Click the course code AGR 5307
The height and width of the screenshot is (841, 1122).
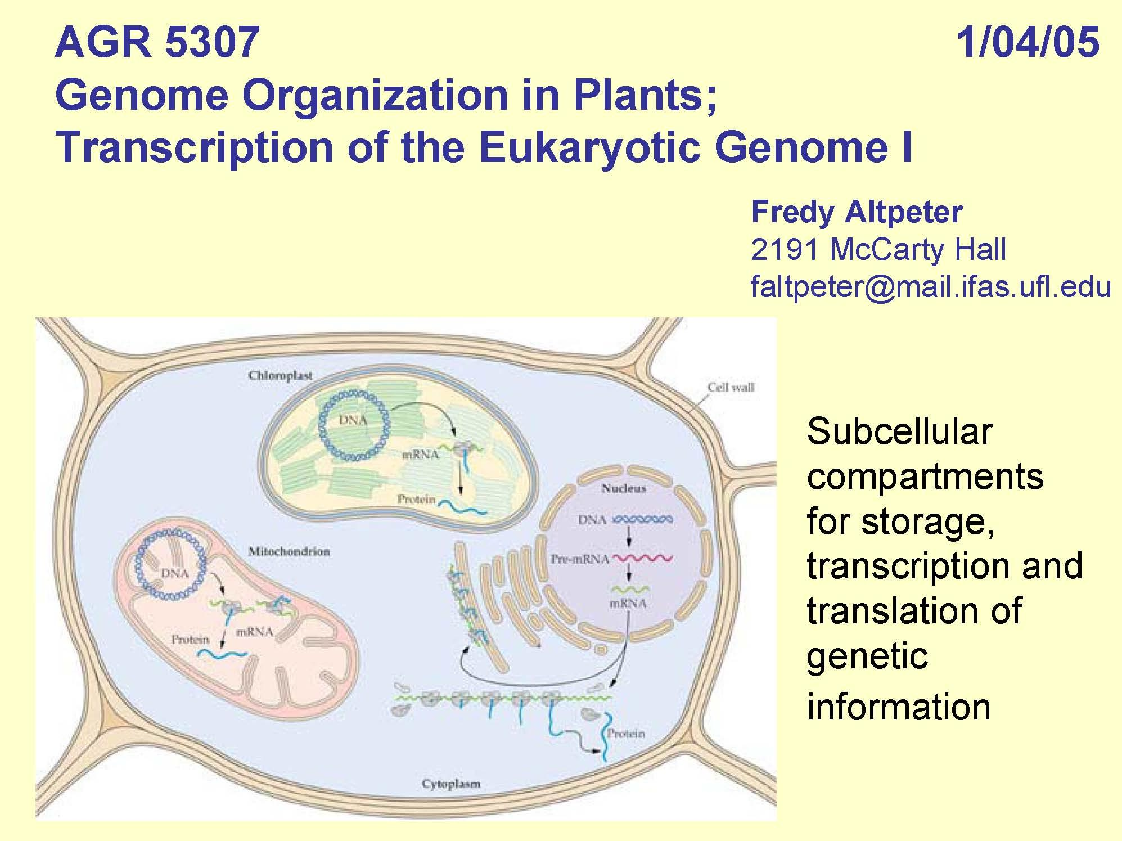157,42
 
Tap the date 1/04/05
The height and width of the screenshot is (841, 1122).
1028,42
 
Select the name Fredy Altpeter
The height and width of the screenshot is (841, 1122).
857,212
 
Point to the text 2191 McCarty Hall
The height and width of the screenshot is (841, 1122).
878,249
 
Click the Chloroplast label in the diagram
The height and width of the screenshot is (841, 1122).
280,375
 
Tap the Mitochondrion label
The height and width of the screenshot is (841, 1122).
289,551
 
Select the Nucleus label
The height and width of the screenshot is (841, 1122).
623,488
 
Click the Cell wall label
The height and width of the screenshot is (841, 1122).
731,387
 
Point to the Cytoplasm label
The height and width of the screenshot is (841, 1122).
450,784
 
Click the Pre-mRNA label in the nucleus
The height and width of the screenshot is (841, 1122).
580,559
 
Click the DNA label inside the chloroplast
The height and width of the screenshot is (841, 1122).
353,420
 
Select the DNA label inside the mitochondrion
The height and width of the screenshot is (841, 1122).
175,573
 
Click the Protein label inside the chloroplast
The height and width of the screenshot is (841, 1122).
416,499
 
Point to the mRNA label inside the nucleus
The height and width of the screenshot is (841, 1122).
628,604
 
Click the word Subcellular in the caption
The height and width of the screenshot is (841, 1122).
899,431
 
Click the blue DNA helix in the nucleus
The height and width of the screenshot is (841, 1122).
642,519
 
